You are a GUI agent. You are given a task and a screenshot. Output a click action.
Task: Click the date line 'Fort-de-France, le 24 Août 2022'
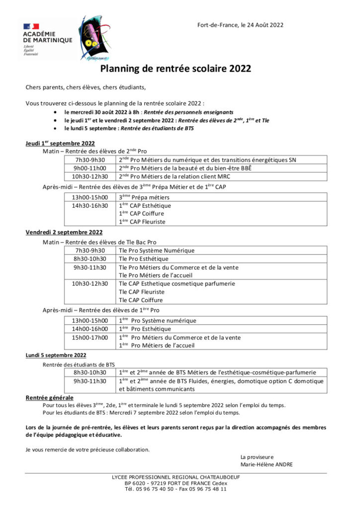[x=241, y=25]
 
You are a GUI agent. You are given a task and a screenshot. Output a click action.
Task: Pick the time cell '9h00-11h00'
[x=90, y=168]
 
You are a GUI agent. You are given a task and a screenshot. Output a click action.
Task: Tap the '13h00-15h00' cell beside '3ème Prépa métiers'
[x=90, y=197]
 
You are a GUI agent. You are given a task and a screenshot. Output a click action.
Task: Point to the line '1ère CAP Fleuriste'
[x=142, y=222]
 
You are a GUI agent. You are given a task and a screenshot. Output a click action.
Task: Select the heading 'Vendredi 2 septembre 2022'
[x=64, y=232]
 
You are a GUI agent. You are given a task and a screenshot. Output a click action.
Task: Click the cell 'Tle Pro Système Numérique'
[x=157, y=251]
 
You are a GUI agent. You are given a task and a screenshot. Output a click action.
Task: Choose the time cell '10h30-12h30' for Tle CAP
[x=90, y=283]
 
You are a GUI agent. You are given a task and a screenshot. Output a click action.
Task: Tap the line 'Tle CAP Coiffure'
[x=141, y=300]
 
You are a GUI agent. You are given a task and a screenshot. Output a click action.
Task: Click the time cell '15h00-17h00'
[x=90, y=338]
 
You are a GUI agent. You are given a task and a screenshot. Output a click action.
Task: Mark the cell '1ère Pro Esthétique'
[x=145, y=329]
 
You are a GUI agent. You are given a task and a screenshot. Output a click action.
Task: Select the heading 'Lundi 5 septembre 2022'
[x=56, y=355]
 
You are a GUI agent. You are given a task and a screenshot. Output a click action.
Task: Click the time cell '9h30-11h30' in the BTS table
[x=90, y=381]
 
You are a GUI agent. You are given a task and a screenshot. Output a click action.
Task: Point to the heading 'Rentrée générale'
[x=49, y=398]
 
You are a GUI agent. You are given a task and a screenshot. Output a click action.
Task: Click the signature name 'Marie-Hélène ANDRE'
[x=267, y=464]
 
